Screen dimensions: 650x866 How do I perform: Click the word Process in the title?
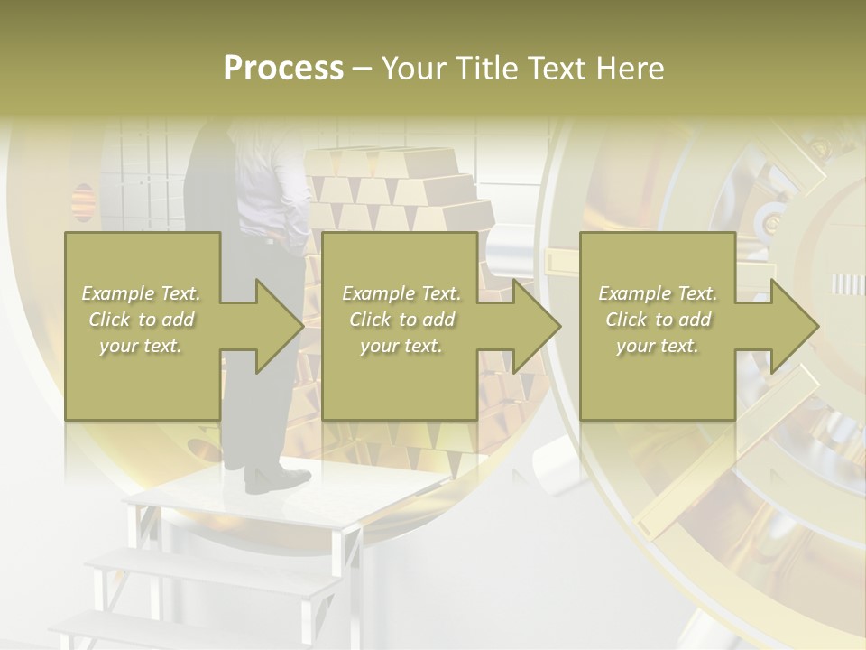[283, 69]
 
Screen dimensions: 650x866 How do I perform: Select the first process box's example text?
[141, 320]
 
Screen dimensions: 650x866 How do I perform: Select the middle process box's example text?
[401, 320]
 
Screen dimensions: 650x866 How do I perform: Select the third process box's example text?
[657, 320]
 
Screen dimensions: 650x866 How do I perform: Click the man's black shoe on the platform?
[275, 479]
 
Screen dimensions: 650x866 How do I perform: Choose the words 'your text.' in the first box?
[141, 346]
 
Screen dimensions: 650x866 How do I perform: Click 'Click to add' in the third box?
[657, 320]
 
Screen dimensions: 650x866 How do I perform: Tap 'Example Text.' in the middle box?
[401, 293]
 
